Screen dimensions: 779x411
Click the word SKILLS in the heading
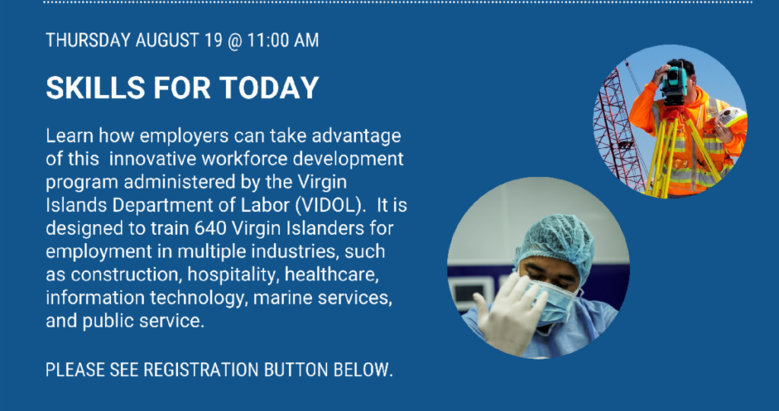(x=95, y=88)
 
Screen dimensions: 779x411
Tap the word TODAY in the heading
(x=269, y=88)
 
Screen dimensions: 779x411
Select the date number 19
(x=213, y=40)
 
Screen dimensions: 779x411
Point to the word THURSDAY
(x=88, y=40)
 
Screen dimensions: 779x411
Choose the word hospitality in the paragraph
(x=231, y=275)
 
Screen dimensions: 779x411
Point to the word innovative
(x=153, y=160)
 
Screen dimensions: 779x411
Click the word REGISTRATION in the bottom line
(x=201, y=370)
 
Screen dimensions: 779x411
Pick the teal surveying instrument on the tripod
(x=674, y=82)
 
